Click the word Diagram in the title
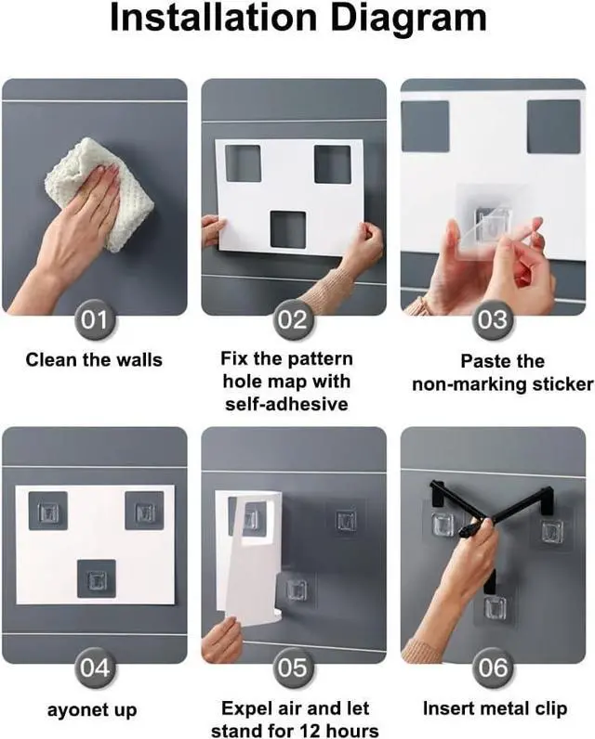click(408, 19)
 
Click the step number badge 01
click(95, 320)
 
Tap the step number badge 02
click(293, 320)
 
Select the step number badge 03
click(493, 320)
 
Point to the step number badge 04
click(95, 668)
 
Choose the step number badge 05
click(293, 668)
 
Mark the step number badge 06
click(493, 668)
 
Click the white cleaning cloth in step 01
click(101, 191)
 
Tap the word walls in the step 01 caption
click(139, 360)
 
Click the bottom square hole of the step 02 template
click(288, 229)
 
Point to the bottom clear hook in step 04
click(97, 578)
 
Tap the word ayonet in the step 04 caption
click(75, 710)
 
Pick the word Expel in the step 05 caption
click(245, 709)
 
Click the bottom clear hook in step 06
click(495, 608)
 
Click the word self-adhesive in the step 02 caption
click(286, 405)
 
